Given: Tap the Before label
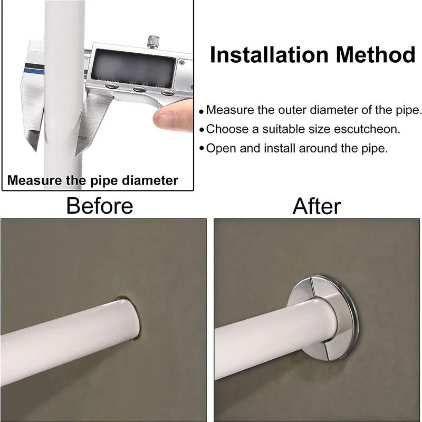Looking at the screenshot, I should click(x=100, y=205).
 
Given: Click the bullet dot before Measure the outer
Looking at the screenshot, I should click(x=202, y=112).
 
